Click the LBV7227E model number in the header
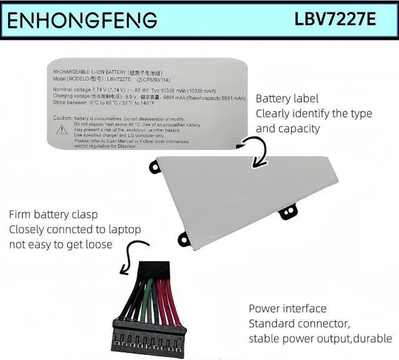[335, 19]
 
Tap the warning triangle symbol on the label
[62, 130]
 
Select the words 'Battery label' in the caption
[287, 98]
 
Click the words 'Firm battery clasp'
[53, 215]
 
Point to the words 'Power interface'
[287, 309]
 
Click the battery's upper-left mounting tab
[155, 167]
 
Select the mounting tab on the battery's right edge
[288, 212]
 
